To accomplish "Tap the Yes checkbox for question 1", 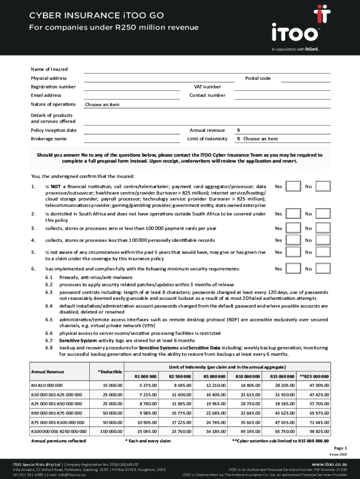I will tap(293, 186).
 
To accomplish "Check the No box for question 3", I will tap(323, 228).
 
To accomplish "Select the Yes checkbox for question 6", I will tap(293, 269).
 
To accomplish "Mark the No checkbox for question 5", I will tap(323, 252).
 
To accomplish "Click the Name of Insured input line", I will tap(207, 69).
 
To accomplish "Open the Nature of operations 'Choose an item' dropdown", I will tap(102, 105).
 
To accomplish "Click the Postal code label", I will tap(258, 78).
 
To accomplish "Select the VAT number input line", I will tap(282, 87).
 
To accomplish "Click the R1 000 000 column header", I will tap(145, 377).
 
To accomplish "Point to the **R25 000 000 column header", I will tap(314, 377).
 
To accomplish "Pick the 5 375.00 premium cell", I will tap(148, 385).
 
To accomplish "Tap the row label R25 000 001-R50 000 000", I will tap(56, 404).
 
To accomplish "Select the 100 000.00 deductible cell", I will tap(111, 431).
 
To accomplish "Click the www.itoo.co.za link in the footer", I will tap(332, 462).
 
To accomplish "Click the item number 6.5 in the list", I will tap(49, 319).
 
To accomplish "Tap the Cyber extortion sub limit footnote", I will tap(281, 441).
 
